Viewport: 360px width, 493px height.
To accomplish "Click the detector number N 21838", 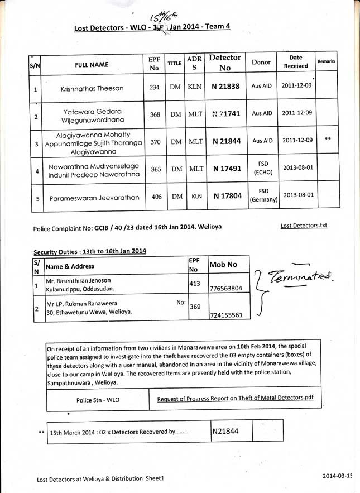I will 225,88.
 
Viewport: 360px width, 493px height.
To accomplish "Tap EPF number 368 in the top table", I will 155,114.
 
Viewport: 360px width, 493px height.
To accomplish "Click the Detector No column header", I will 225,63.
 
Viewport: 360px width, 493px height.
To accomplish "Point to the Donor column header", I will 261,63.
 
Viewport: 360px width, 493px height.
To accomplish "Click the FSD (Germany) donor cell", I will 263,195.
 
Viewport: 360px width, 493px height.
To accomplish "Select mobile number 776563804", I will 225,289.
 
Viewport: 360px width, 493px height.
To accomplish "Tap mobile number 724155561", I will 225,315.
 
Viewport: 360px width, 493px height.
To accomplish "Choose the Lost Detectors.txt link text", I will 304,226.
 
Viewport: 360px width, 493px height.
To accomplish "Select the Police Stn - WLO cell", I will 98,400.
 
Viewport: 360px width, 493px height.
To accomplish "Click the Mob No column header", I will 223,264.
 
